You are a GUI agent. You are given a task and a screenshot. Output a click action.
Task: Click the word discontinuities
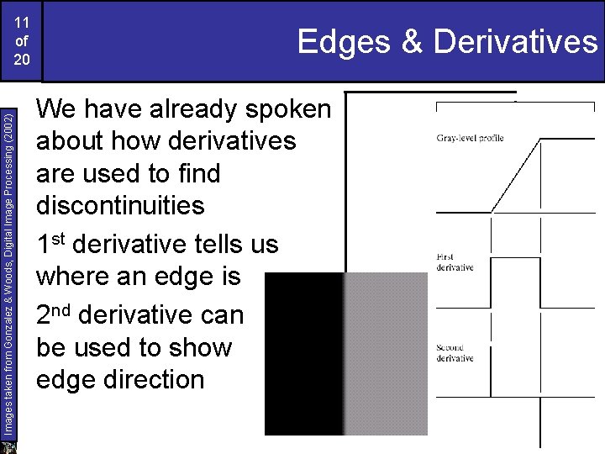[x=120, y=205]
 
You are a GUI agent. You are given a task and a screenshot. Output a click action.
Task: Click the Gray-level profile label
[x=470, y=138]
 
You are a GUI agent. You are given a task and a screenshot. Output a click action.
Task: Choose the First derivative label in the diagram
[x=455, y=261]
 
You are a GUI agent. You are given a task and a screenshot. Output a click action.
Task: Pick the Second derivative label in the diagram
[x=455, y=352]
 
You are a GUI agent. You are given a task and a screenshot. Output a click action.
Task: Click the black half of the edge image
[x=304, y=353]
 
